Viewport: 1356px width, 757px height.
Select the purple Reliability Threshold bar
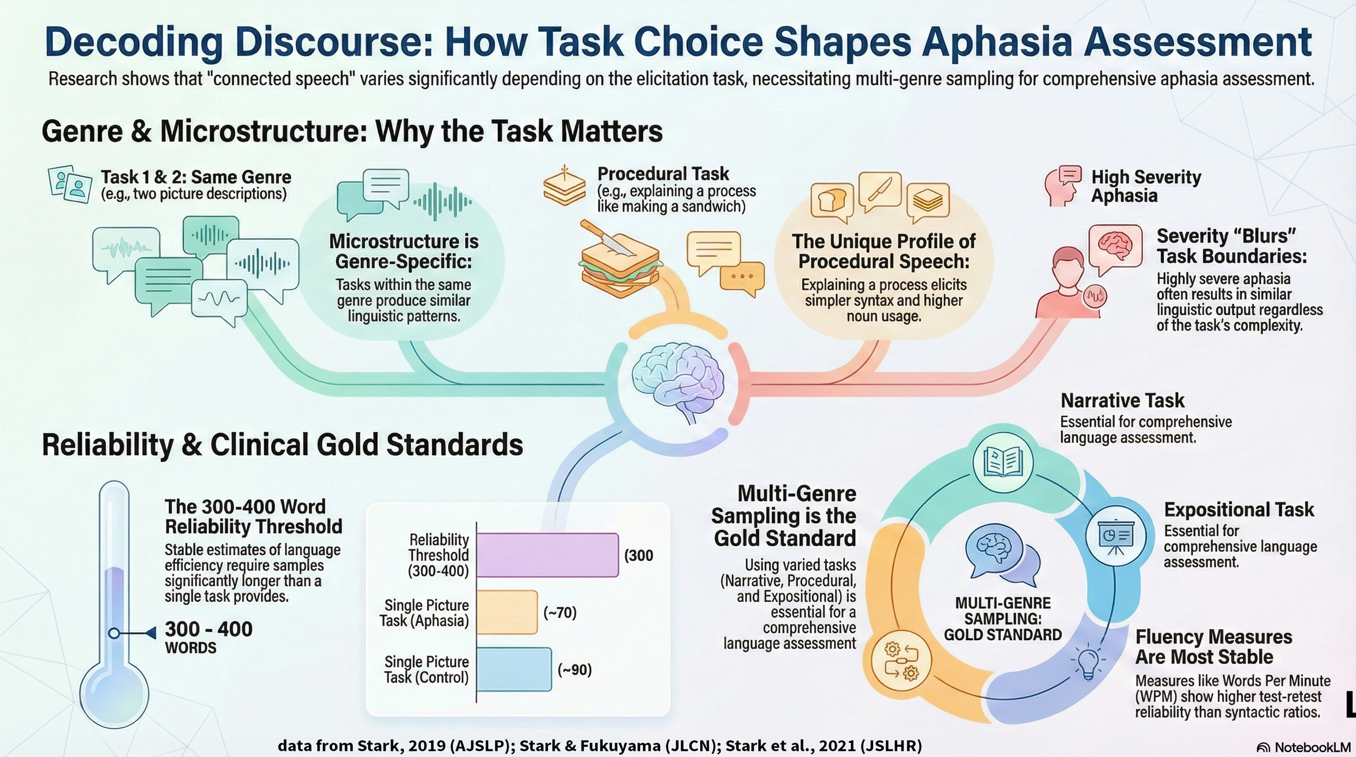[x=547, y=555]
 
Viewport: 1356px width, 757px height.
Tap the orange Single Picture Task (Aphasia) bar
[x=507, y=612]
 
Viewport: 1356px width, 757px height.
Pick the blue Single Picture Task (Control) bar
[x=514, y=669]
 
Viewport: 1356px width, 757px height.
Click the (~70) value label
[x=560, y=613]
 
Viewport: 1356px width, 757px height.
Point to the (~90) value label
[x=574, y=670]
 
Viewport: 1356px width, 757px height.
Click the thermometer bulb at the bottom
[x=114, y=693]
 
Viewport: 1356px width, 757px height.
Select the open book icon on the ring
[x=1003, y=462]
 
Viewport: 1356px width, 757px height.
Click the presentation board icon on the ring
[x=1115, y=536]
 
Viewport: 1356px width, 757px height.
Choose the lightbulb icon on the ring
[x=1088, y=663]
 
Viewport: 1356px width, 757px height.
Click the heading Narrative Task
[x=1122, y=400]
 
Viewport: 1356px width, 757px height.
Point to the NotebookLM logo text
[x=1312, y=747]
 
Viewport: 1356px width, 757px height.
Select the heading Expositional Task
[x=1239, y=510]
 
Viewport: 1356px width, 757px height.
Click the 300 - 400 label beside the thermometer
[x=209, y=629]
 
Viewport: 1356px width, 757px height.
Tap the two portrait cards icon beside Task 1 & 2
[x=69, y=184]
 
